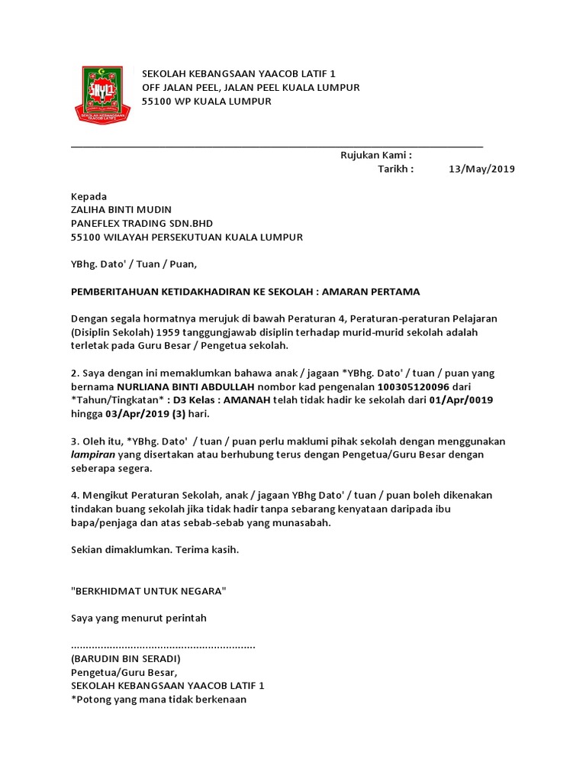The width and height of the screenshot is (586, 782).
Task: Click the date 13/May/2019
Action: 482,170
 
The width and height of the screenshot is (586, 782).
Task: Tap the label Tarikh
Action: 396,170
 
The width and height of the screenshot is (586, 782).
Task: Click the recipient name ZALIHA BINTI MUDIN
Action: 121,210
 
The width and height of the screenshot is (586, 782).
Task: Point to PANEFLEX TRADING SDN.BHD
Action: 141,224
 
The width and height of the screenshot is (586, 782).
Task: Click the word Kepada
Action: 89,196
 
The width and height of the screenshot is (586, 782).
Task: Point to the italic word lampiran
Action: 94,455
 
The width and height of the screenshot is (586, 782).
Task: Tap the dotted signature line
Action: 163,646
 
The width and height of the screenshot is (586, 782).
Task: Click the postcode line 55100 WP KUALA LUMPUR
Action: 206,101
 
